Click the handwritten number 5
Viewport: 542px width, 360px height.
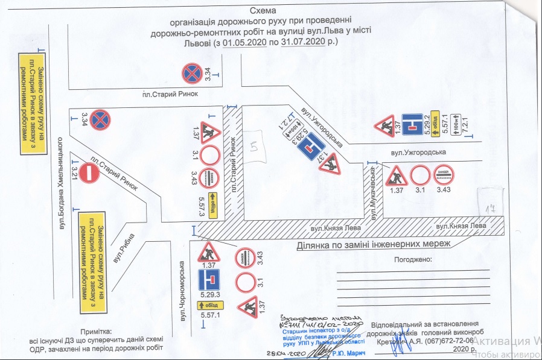tap(255, 145)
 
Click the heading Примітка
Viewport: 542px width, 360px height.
tap(96, 332)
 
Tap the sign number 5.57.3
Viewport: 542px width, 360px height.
tap(203, 204)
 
